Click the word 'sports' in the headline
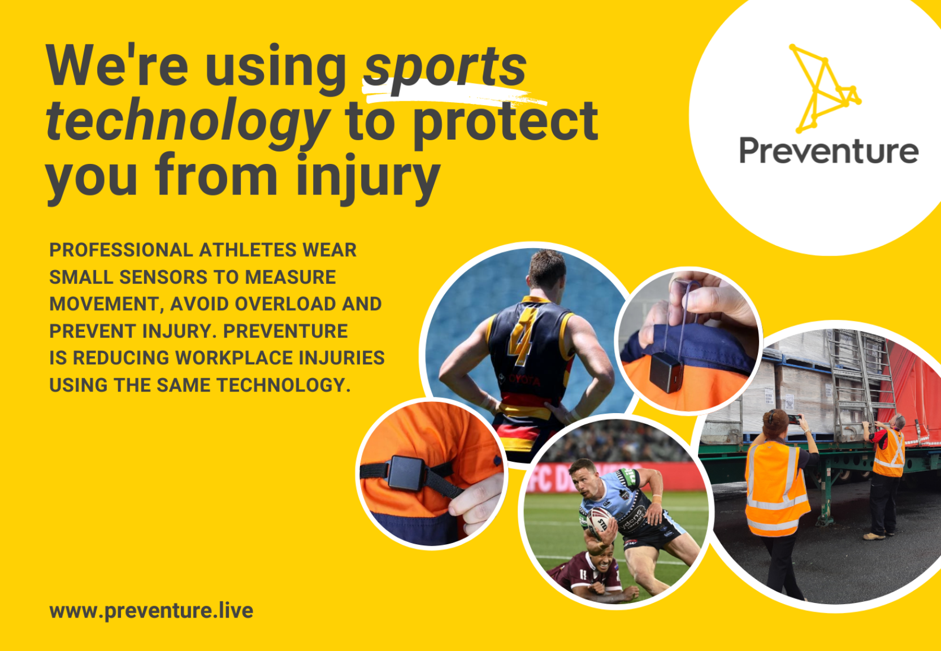click(445, 67)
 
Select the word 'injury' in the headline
click(367, 176)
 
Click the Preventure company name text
click(829, 151)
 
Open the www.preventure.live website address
click(151, 611)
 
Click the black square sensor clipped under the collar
click(667, 372)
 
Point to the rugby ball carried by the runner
click(599, 519)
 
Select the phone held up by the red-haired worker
click(794, 419)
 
